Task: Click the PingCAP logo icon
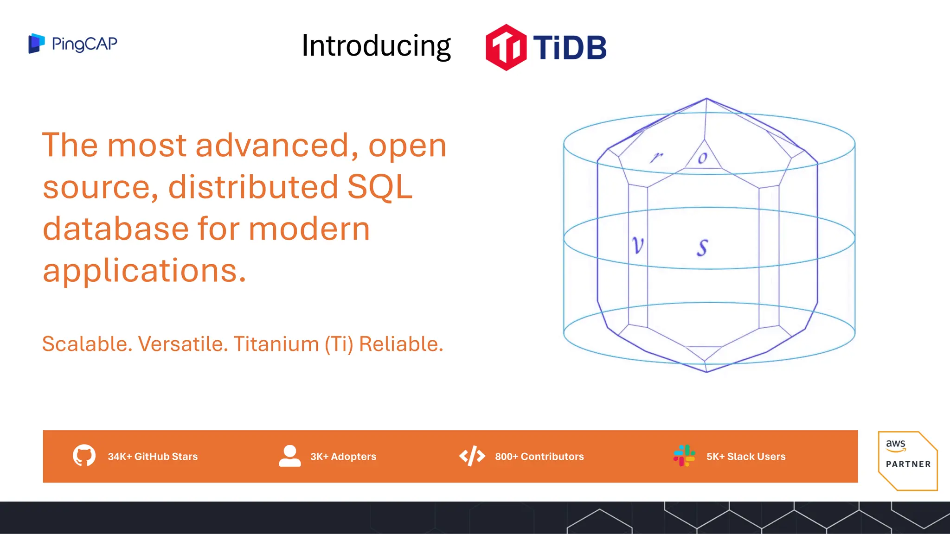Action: [36, 44]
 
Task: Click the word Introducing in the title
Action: [376, 46]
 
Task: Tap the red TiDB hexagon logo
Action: [506, 47]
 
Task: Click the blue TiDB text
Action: [570, 47]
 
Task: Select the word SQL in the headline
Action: [379, 187]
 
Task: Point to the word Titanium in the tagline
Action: [276, 344]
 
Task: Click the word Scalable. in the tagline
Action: [87, 344]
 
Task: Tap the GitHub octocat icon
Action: [84, 456]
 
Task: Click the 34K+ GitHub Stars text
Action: [153, 457]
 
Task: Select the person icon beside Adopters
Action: [290, 456]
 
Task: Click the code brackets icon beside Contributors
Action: [472, 456]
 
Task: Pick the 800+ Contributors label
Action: [539, 457]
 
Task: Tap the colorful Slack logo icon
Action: [684, 456]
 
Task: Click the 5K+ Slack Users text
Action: [745, 457]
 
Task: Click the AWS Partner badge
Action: [907, 460]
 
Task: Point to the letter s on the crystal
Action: [702, 248]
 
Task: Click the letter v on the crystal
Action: [638, 245]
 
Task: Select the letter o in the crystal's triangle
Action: [703, 158]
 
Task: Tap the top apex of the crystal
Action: [706, 99]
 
